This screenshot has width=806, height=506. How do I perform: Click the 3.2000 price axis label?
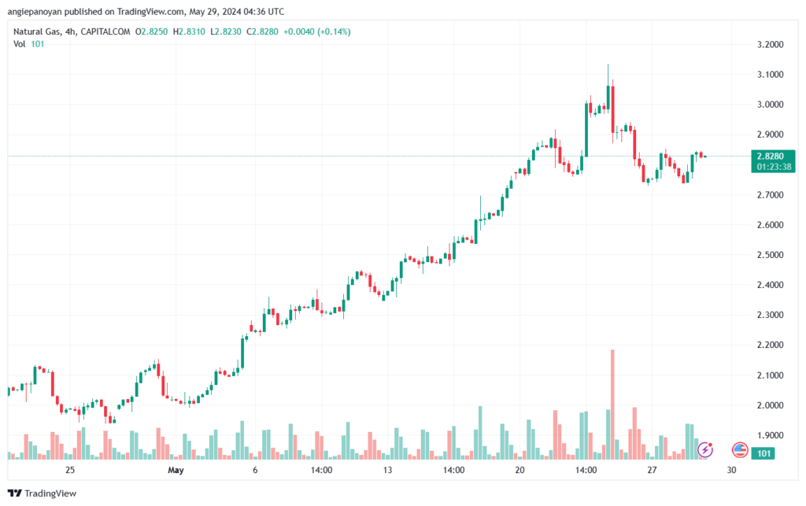(x=771, y=44)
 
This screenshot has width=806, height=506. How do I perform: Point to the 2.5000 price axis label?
(x=771, y=255)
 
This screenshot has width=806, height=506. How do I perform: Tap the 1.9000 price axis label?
(x=771, y=435)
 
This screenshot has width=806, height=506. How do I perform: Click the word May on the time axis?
(x=176, y=470)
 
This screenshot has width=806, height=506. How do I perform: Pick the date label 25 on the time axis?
(x=70, y=470)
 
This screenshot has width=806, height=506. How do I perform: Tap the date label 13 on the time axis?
(x=387, y=470)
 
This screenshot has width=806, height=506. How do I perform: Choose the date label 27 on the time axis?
(x=652, y=470)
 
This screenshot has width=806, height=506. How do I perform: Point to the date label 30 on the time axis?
(x=731, y=470)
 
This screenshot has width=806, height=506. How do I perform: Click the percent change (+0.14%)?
(x=334, y=31)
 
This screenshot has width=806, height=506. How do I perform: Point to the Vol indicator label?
(x=20, y=44)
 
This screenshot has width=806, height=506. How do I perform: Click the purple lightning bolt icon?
(x=706, y=450)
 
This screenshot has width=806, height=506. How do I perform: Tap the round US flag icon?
(x=740, y=450)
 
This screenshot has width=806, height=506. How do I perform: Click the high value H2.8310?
(x=189, y=31)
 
